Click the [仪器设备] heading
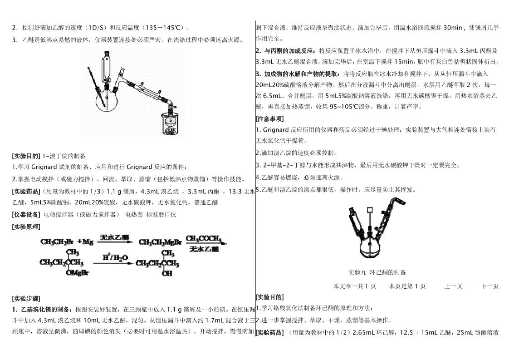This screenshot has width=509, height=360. click(26, 214)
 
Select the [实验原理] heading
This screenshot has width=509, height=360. click(26, 227)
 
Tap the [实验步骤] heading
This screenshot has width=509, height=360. click(26, 299)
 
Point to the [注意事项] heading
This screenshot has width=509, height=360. click(270, 119)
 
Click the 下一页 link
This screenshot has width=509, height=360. click(490, 286)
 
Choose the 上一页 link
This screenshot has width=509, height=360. click(453, 286)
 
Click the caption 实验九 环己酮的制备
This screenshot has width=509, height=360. click(377, 272)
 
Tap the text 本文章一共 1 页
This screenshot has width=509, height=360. click(355, 286)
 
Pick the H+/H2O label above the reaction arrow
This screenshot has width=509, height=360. click(111, 258)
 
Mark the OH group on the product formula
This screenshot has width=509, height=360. click(167, 273)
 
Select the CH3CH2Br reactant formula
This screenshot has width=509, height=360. click(57, 242)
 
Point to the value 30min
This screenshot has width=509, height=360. click(453, 28)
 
